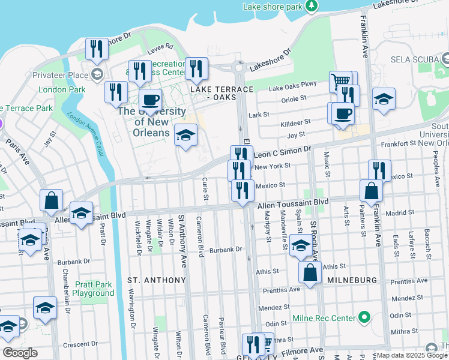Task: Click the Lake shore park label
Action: [272, 7]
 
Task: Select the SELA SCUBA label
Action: [414, 60]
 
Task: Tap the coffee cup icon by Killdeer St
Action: [343, 113]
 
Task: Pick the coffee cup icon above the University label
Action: [150, 100]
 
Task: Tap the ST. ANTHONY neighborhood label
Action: [157, 280]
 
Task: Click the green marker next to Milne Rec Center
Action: [364, 317]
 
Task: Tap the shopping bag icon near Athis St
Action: [310, 272]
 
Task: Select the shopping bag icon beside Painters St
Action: [372, 191]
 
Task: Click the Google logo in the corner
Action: [20, 353]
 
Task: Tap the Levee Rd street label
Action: [160, 46]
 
